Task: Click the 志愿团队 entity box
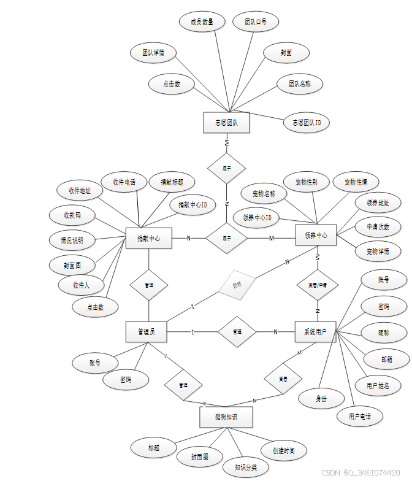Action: (x=226, y=123)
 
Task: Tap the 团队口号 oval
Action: (x=256, y=22)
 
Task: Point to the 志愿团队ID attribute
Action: (x=307, y=123)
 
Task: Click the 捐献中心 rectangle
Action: (x=148, y=238)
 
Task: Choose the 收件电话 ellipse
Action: (x=123, y=182)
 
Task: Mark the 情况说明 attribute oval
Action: (x=72, y=239)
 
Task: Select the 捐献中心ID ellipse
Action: (x=193, y=204)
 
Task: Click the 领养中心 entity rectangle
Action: (x=316, y=235)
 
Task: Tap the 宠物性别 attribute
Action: (x=306, y=182)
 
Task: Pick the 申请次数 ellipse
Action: (x=378, y=226)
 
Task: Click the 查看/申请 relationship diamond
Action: (x=317, y=285)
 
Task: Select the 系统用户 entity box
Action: (x=315, y=332)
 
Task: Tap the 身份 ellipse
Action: (x=321, y=399)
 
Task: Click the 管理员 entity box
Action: (x=147, y=332)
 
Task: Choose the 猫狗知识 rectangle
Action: (x=226, y=417)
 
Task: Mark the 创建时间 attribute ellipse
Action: (x=283, y=451)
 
